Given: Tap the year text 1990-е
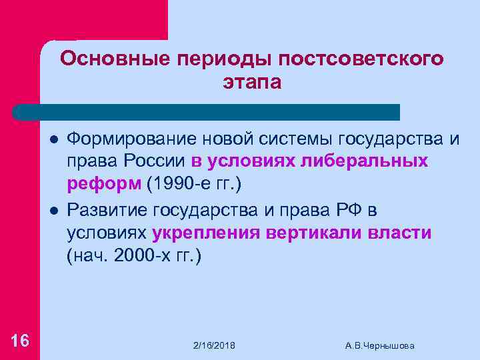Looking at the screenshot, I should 178,183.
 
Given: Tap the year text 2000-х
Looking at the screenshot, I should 140,255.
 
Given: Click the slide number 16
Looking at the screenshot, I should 20,341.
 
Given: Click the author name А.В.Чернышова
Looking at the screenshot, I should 380,345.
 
